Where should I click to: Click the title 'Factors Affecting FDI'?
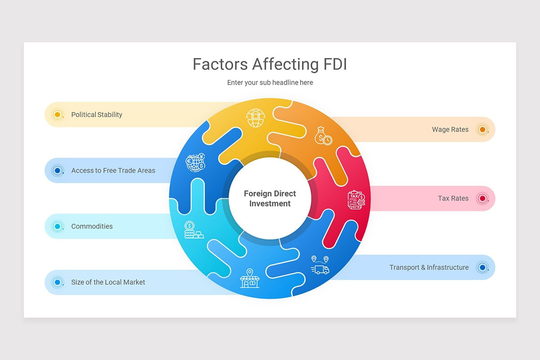pyautogui.click(x=270, y=64)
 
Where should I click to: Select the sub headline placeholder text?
pyautogui.click(x=270, y=83)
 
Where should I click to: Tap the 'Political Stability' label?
pyautogui.click(x=97, y=115)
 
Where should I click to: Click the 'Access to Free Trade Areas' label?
pyautogui.click(x=113, y=171)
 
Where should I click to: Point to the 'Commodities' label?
pyautogui.click(x=92, y=226)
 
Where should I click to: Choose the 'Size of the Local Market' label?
pyautogui.click(x=108, y=282)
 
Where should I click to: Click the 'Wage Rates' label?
pyautogui.click(x=450, y=130)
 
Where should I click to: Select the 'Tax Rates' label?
pyautogui.click(x=453, y=198)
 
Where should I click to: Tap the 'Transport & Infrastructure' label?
pyautogui.click(x=429, y=267)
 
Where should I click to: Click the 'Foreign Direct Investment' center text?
pyautogui.click(x=270, y=198)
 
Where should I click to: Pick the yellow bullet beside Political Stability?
pyautogui.click(x=57, y=115)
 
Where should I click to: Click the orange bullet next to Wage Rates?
pyautogui.click(x=482, y=130)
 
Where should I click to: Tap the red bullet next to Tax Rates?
pyautogui.click(x=482, y=198)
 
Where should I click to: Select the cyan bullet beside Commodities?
pyautogui.click(x=57, y=226)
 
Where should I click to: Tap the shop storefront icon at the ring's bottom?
pyautogui.click(x=250, y=279)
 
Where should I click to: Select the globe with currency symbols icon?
pyautogui.click(x=196, y=162)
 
